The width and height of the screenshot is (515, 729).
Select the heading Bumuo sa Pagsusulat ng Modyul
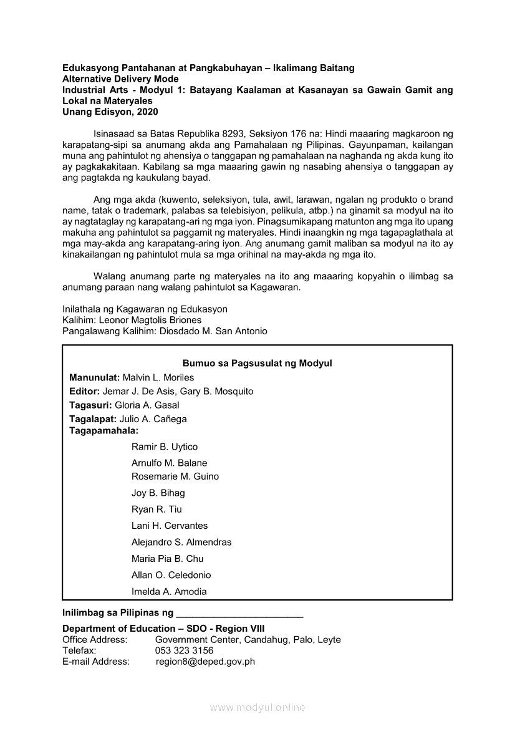pos(257,363)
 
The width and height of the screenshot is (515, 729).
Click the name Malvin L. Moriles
pos(158,377)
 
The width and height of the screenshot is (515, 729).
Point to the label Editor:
pos(85,391)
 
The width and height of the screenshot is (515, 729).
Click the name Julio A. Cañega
pos(153,419)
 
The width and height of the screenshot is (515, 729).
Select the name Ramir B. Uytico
pos(165,447)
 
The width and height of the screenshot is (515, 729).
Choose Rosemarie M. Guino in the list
pos(175,476)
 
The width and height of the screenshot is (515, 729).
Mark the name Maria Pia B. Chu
pos(168,559)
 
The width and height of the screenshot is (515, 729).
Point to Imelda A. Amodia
pos(169,592)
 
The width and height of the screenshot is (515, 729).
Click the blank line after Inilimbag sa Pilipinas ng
pos(240,614)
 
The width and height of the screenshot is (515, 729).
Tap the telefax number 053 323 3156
pos(184,650)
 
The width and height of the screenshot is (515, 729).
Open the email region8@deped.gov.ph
pos(205,662)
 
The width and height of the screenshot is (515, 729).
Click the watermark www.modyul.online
pos(257,708)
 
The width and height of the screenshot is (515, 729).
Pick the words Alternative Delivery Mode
pos(120,79)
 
